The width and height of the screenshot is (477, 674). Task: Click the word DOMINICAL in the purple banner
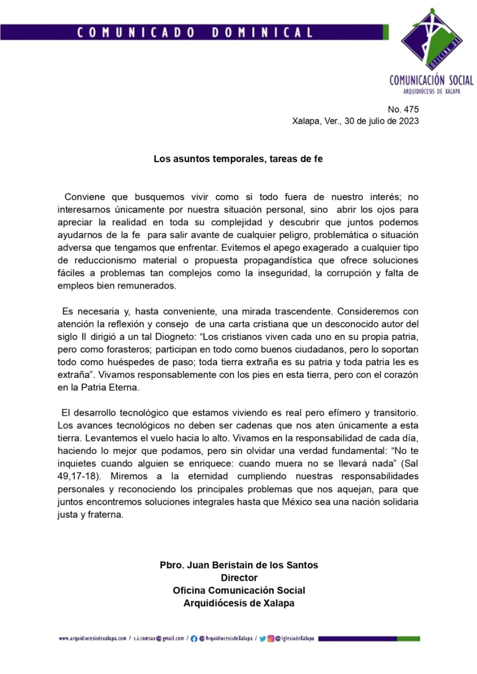click(x=262, y=33)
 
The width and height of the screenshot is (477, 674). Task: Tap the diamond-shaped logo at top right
click(x=431, y=41)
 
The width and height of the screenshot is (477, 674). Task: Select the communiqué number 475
click(x=411, y=109)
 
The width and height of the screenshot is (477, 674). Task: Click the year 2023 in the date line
click(x=409, y=121)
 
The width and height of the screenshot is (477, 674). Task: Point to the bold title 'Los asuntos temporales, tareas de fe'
click(x=238, y=159)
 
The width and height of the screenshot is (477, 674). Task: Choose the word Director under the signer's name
click(x=239, y=578)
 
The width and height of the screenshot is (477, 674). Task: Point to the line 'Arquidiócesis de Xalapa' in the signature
click(x=239, y=603)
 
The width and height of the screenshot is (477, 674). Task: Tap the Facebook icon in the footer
click(x=194, y=639)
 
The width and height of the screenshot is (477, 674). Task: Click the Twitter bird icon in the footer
click(x=262, y=639)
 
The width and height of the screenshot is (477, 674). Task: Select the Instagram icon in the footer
click(x=270, y=639)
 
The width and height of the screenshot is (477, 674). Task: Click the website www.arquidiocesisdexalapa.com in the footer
click(x=93, y=639)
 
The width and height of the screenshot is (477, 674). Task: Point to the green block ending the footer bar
click(x=409, y=639)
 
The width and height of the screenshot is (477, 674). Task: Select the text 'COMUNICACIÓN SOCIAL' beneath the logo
click(x=431, y=81)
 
